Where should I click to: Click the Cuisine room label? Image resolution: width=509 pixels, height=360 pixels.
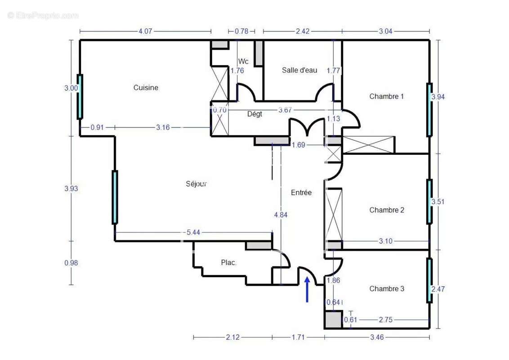146,87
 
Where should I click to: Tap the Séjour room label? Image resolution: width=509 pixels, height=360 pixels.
196,184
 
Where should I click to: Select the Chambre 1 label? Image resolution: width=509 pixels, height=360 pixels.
386,96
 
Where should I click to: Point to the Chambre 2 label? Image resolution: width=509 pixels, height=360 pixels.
387,210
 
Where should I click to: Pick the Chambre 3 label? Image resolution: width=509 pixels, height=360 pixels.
387,288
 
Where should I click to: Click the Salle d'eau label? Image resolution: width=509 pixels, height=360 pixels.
299,70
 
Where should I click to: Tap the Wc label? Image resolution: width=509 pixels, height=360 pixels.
243,61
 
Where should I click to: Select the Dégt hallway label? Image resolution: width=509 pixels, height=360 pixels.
254,114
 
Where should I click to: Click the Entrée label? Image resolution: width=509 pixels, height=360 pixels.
301,192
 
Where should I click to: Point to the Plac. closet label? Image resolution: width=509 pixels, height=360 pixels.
228,262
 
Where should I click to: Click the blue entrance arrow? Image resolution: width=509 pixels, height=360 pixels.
307,289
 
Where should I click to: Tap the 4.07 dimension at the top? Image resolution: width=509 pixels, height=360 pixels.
145,31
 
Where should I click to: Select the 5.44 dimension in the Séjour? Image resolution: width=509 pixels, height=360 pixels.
193,232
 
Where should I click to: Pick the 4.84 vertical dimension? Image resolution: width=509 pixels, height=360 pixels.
281,215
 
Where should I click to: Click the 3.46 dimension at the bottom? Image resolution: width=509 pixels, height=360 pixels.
377,337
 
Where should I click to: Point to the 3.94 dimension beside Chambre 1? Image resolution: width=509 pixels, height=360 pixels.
438,96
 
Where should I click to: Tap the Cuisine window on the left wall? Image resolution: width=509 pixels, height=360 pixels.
80,96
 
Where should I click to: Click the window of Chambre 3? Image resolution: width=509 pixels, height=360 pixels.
429,280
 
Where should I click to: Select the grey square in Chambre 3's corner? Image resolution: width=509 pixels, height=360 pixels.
333,319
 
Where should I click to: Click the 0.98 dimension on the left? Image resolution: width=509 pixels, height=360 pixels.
71,262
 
